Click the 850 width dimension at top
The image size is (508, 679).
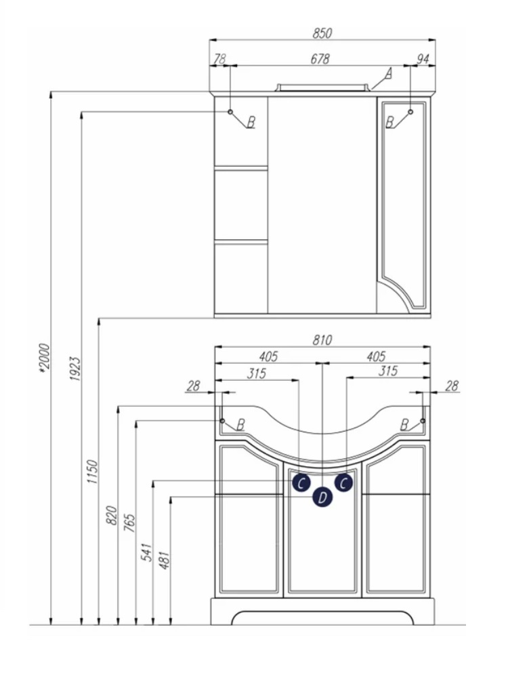322,33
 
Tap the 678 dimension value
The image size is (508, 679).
320,58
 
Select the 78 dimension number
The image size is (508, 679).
220,58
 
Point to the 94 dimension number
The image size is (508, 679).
423,59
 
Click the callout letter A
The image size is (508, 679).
388,74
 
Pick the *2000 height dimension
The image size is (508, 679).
45,358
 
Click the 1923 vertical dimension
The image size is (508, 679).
75,369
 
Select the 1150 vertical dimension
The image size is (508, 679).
93,472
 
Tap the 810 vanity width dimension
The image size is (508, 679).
322,340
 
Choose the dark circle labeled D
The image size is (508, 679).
322,497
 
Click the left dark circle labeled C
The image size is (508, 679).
301,482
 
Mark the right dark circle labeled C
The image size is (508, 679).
343,482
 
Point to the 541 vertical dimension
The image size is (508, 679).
147,552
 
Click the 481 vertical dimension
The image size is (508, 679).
165,560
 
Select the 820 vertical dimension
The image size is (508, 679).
112,515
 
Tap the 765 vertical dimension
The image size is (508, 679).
129,522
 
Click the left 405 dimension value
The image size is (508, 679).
268,356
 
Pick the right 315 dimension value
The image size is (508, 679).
387,371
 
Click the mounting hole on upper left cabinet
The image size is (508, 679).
230,112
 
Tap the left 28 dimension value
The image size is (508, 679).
194,386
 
